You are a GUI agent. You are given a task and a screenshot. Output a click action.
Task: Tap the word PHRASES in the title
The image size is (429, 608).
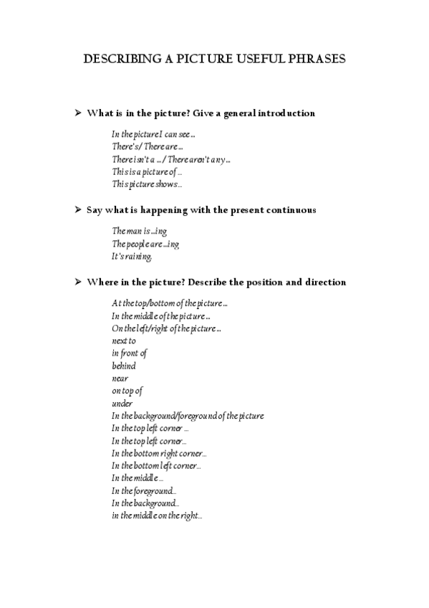[x=314, y=60]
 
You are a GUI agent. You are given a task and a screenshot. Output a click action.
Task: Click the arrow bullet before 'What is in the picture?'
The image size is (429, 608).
[x=79, y=113]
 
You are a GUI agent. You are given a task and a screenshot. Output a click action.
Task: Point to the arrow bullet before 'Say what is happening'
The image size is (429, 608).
[x=79, y=210]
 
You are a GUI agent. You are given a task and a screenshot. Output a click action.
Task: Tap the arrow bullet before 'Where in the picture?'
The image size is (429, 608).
[x=79, y=282]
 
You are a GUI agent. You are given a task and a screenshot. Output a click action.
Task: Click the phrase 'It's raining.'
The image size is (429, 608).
[x=132, y=257]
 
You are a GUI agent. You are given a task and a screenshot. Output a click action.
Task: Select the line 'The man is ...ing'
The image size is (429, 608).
[x=139, y=232]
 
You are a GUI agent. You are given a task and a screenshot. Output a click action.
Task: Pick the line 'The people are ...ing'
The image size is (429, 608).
[x=145, y=244]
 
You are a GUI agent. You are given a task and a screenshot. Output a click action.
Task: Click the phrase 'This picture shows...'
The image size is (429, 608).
[x=147, y=184]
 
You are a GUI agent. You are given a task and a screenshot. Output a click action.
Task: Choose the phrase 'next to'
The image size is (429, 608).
[x=124, y=341]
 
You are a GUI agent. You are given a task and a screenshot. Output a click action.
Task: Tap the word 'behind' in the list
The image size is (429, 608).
[x=124, y=366]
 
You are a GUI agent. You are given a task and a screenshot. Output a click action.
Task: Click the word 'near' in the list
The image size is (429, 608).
[x=120, y=379]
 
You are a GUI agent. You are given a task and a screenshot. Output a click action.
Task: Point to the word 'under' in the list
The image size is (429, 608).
[x=122, y=404]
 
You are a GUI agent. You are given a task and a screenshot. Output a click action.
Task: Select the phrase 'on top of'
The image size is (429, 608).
[x=127, y=391]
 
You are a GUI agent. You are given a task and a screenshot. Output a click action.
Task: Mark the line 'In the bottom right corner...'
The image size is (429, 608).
[x=159, y=453]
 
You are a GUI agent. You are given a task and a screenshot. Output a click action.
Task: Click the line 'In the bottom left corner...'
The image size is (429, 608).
[x=156, y=466]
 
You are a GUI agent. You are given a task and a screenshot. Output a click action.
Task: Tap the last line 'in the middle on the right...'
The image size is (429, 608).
[x=157, y=516]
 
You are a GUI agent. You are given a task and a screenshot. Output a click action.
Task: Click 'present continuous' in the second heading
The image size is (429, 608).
[x=276, y=210]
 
